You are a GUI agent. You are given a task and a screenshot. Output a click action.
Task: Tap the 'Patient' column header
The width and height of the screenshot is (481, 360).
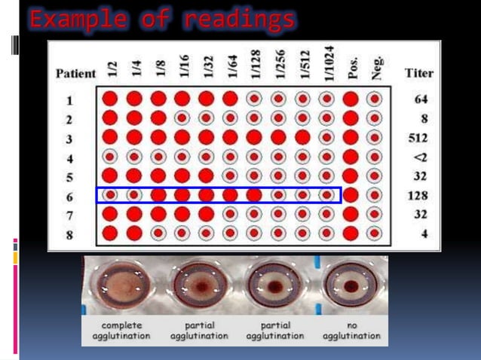click(75, 74)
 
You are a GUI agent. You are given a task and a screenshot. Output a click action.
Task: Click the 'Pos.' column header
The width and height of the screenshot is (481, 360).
click(351, 70)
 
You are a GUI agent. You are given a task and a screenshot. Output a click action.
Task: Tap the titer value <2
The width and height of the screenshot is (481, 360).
click(421, 157)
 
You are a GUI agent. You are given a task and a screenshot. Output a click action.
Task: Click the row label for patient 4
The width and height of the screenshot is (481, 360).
click(69, 157)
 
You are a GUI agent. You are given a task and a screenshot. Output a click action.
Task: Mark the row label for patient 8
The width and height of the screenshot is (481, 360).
click(69, 233)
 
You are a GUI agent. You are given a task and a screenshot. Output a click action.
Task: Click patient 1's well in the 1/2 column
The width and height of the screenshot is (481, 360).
click(109, 99)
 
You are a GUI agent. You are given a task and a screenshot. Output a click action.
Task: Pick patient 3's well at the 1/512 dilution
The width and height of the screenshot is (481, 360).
click(302, 137)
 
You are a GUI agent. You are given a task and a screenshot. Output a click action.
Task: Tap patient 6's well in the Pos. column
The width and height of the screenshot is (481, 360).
click(351, 195)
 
